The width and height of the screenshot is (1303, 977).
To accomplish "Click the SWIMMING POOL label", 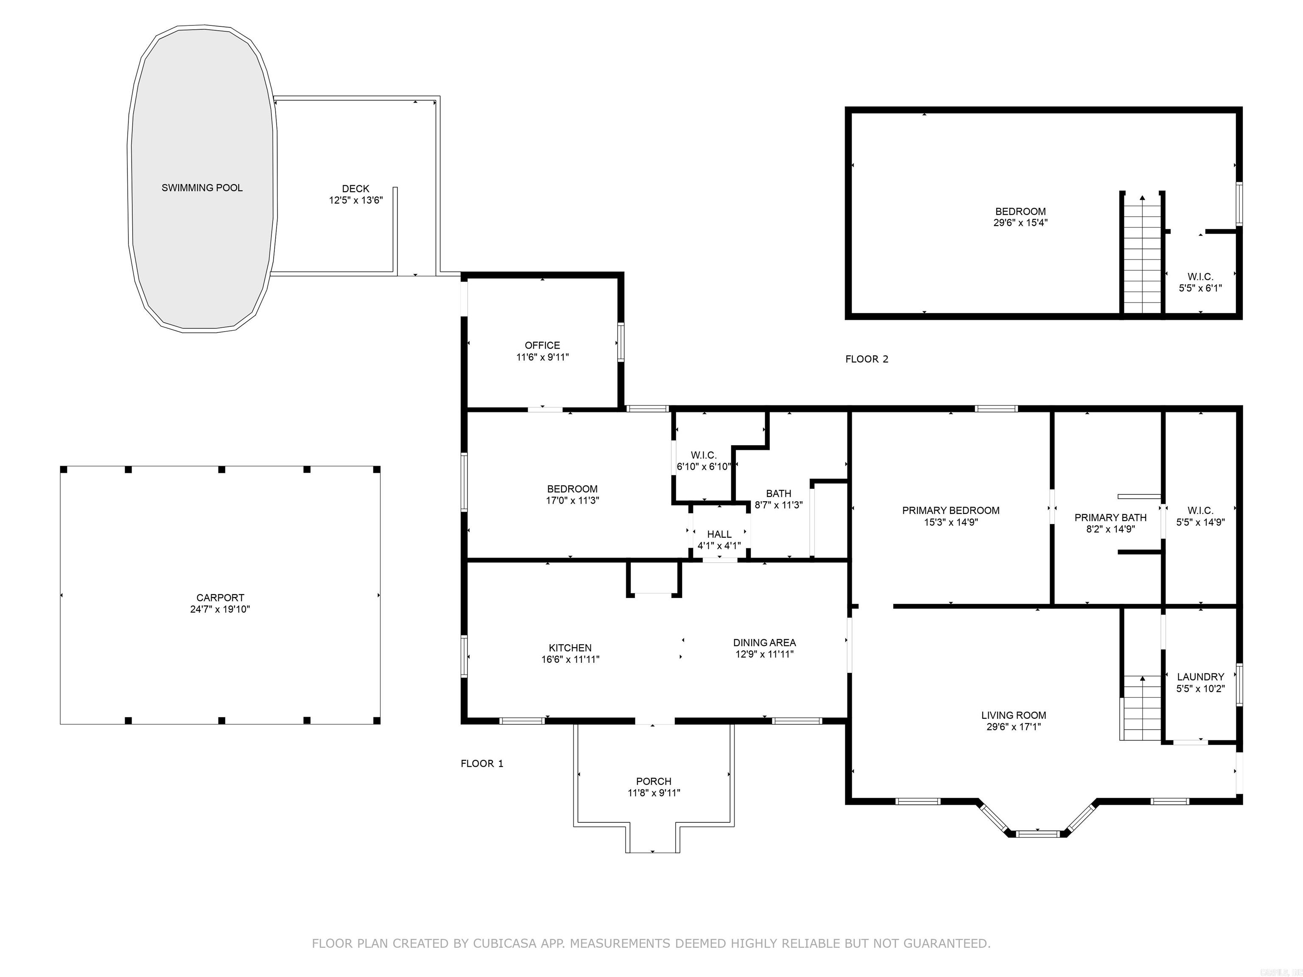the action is pyautogui.click(x=202, y=188).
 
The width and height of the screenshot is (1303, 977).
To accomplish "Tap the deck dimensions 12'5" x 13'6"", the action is pyautogui.click(x=356, y=200).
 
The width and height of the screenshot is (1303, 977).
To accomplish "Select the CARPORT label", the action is pyautogui.click(x=220, y=598).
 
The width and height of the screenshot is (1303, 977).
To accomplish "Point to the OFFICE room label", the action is pyautogui.click(x=542, y=346).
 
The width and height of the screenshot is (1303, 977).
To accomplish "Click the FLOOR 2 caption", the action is pyautogui.click(x=867, y=359).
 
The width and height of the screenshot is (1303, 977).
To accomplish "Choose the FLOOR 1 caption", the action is pyautogui.click(x=482, y=764).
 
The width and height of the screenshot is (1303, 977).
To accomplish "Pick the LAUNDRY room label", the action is pyautogui.click(x=1200, y=677).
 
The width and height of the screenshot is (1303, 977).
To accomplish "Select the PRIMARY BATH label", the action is pyautogui.click(x=1110, y=518).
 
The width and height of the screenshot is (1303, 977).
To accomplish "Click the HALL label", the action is pyautogui.click(x=719, y=534).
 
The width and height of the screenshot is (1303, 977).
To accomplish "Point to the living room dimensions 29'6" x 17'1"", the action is pyautogui.click(x=1014, y=727).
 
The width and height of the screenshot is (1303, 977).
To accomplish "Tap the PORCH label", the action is pyautogui.click(x=654, y=782).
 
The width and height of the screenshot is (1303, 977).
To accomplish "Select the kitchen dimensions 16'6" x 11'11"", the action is pyautogui.click(x=570, y=659).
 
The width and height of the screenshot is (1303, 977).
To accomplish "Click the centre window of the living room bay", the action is pyautogui.click(x=1038, y=833).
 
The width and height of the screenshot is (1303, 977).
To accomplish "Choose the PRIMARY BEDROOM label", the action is pyautogui.click(x=951, y=511).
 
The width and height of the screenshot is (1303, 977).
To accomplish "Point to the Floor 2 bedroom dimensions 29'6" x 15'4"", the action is pyautogui.click(x=1021, y=223).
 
